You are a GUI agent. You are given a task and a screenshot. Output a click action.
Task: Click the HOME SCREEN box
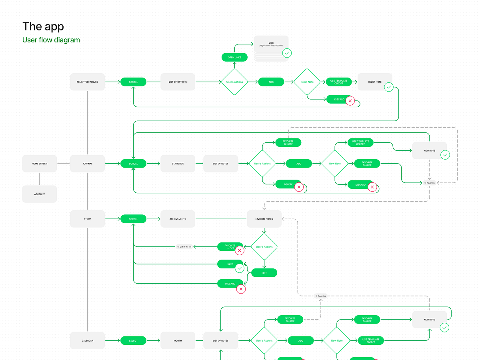pos(40,164)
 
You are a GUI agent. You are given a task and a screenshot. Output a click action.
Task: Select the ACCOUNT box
pos(40,194)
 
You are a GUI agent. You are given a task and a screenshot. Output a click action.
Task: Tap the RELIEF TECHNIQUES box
pos(87,82)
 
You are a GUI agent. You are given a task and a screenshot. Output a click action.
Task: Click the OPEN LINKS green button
pos(234,58)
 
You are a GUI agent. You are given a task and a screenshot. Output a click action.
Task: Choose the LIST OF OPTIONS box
pos(178,82)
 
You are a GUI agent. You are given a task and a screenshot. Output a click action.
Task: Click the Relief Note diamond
pos(307,82)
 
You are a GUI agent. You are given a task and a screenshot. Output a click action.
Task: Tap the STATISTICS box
pos(178,164)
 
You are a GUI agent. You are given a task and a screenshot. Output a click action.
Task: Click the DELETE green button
pos(288,184)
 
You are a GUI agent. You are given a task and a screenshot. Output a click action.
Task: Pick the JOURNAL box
pos(87,164)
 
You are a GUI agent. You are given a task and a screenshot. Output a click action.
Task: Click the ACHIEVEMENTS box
pos(178,219)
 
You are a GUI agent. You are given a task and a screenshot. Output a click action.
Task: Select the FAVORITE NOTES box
pos(264,219)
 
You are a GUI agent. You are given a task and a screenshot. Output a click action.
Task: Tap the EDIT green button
pos(264,273)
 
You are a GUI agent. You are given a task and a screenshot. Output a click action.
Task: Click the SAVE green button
pos(230,264)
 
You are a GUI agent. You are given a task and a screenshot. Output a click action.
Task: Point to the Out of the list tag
pos(184,247)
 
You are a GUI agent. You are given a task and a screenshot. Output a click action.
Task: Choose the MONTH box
pos(178,340)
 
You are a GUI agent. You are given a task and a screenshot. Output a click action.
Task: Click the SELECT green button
pos(133,340)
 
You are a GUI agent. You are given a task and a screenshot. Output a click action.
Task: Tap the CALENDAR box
pos(87,340)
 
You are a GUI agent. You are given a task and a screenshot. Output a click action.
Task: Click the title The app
pos(43,26)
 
